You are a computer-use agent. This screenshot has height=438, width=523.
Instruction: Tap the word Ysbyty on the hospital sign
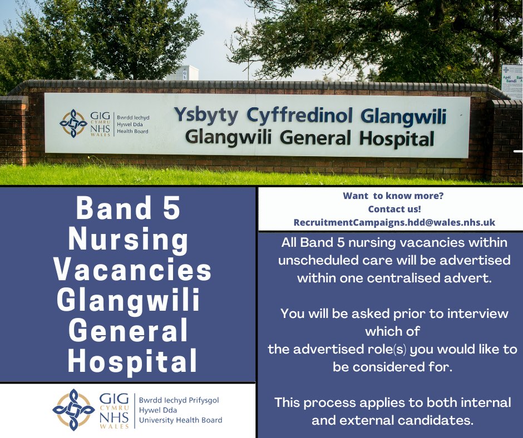point(205,115)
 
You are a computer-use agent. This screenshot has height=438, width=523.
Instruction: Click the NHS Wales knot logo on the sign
point(73,123)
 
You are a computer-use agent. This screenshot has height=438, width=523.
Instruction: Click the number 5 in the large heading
point(169,208)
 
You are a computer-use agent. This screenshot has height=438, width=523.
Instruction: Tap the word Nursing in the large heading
point(128,240)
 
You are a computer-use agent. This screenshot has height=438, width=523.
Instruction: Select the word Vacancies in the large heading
point(133,271)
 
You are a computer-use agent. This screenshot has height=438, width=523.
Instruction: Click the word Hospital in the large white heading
point(132,361)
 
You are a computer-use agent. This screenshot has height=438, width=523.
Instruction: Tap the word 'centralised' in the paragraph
point(422,278)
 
